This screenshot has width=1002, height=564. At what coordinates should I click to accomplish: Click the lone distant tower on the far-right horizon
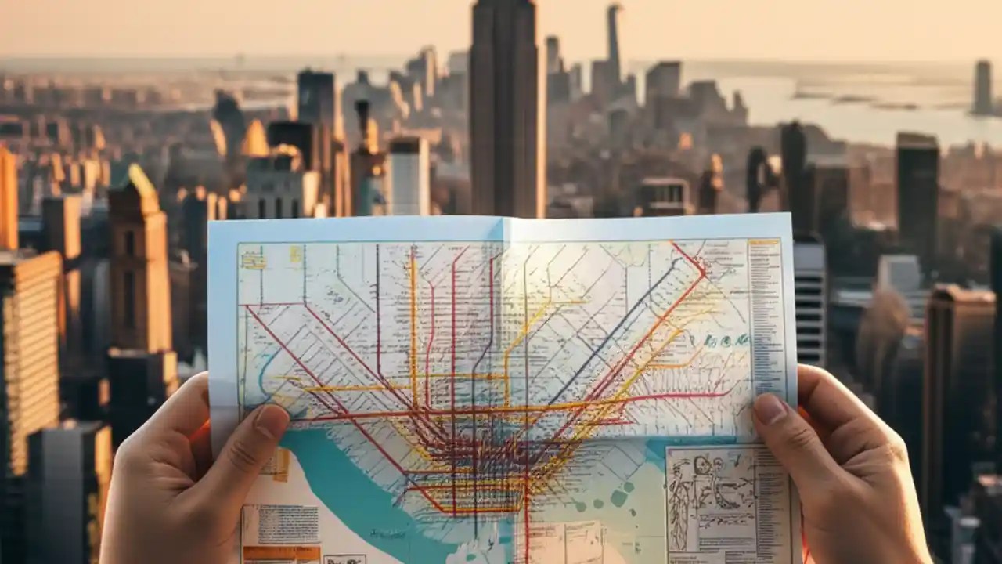coord(982,86)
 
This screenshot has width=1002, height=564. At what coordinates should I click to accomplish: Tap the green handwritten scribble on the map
coord(725,341)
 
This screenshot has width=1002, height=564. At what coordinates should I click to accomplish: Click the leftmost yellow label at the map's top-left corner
coord(252,261)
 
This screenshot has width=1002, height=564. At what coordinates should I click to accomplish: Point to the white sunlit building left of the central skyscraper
coord(409,177)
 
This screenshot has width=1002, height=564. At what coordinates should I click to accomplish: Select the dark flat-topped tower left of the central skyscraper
coord(316,98)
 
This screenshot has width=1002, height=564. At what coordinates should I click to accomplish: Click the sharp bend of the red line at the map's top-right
coord(703,270)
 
